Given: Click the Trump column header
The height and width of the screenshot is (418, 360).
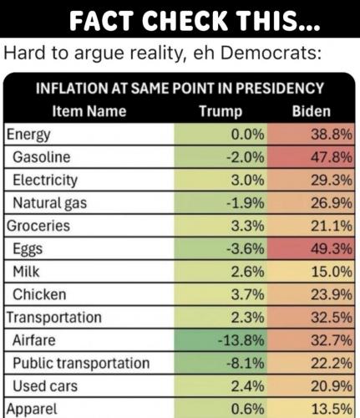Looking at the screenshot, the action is tap(221, 112).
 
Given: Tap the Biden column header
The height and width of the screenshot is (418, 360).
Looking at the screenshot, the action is tap(312, 111).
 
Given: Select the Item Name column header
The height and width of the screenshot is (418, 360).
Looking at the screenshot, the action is tap(89, 111).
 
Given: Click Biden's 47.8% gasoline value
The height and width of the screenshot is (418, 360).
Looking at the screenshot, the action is tap(332, 157).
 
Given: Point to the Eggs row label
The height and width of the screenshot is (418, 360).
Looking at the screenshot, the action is tap(28, 249).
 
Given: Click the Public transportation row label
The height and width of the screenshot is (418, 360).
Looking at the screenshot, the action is tap(81, 364).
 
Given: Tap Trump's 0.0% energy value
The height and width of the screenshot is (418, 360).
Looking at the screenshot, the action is tap(247, 135).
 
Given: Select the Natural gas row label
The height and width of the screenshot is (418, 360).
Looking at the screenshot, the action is tap(50, 203).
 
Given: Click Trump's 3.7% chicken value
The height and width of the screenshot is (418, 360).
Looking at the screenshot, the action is tap(247, 294).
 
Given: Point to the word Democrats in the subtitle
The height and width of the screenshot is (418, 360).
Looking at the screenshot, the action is tap(271, 53).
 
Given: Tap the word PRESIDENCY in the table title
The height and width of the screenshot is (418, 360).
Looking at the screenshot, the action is tap(280, 89).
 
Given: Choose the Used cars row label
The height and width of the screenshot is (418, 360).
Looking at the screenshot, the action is tap(45, 386).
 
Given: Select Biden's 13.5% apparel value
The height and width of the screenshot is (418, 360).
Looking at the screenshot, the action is tap(332, 409).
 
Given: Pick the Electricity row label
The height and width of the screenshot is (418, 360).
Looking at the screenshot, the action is tap(45, 181).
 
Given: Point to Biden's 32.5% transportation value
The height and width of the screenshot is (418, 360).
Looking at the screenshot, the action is tap(332, 318).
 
